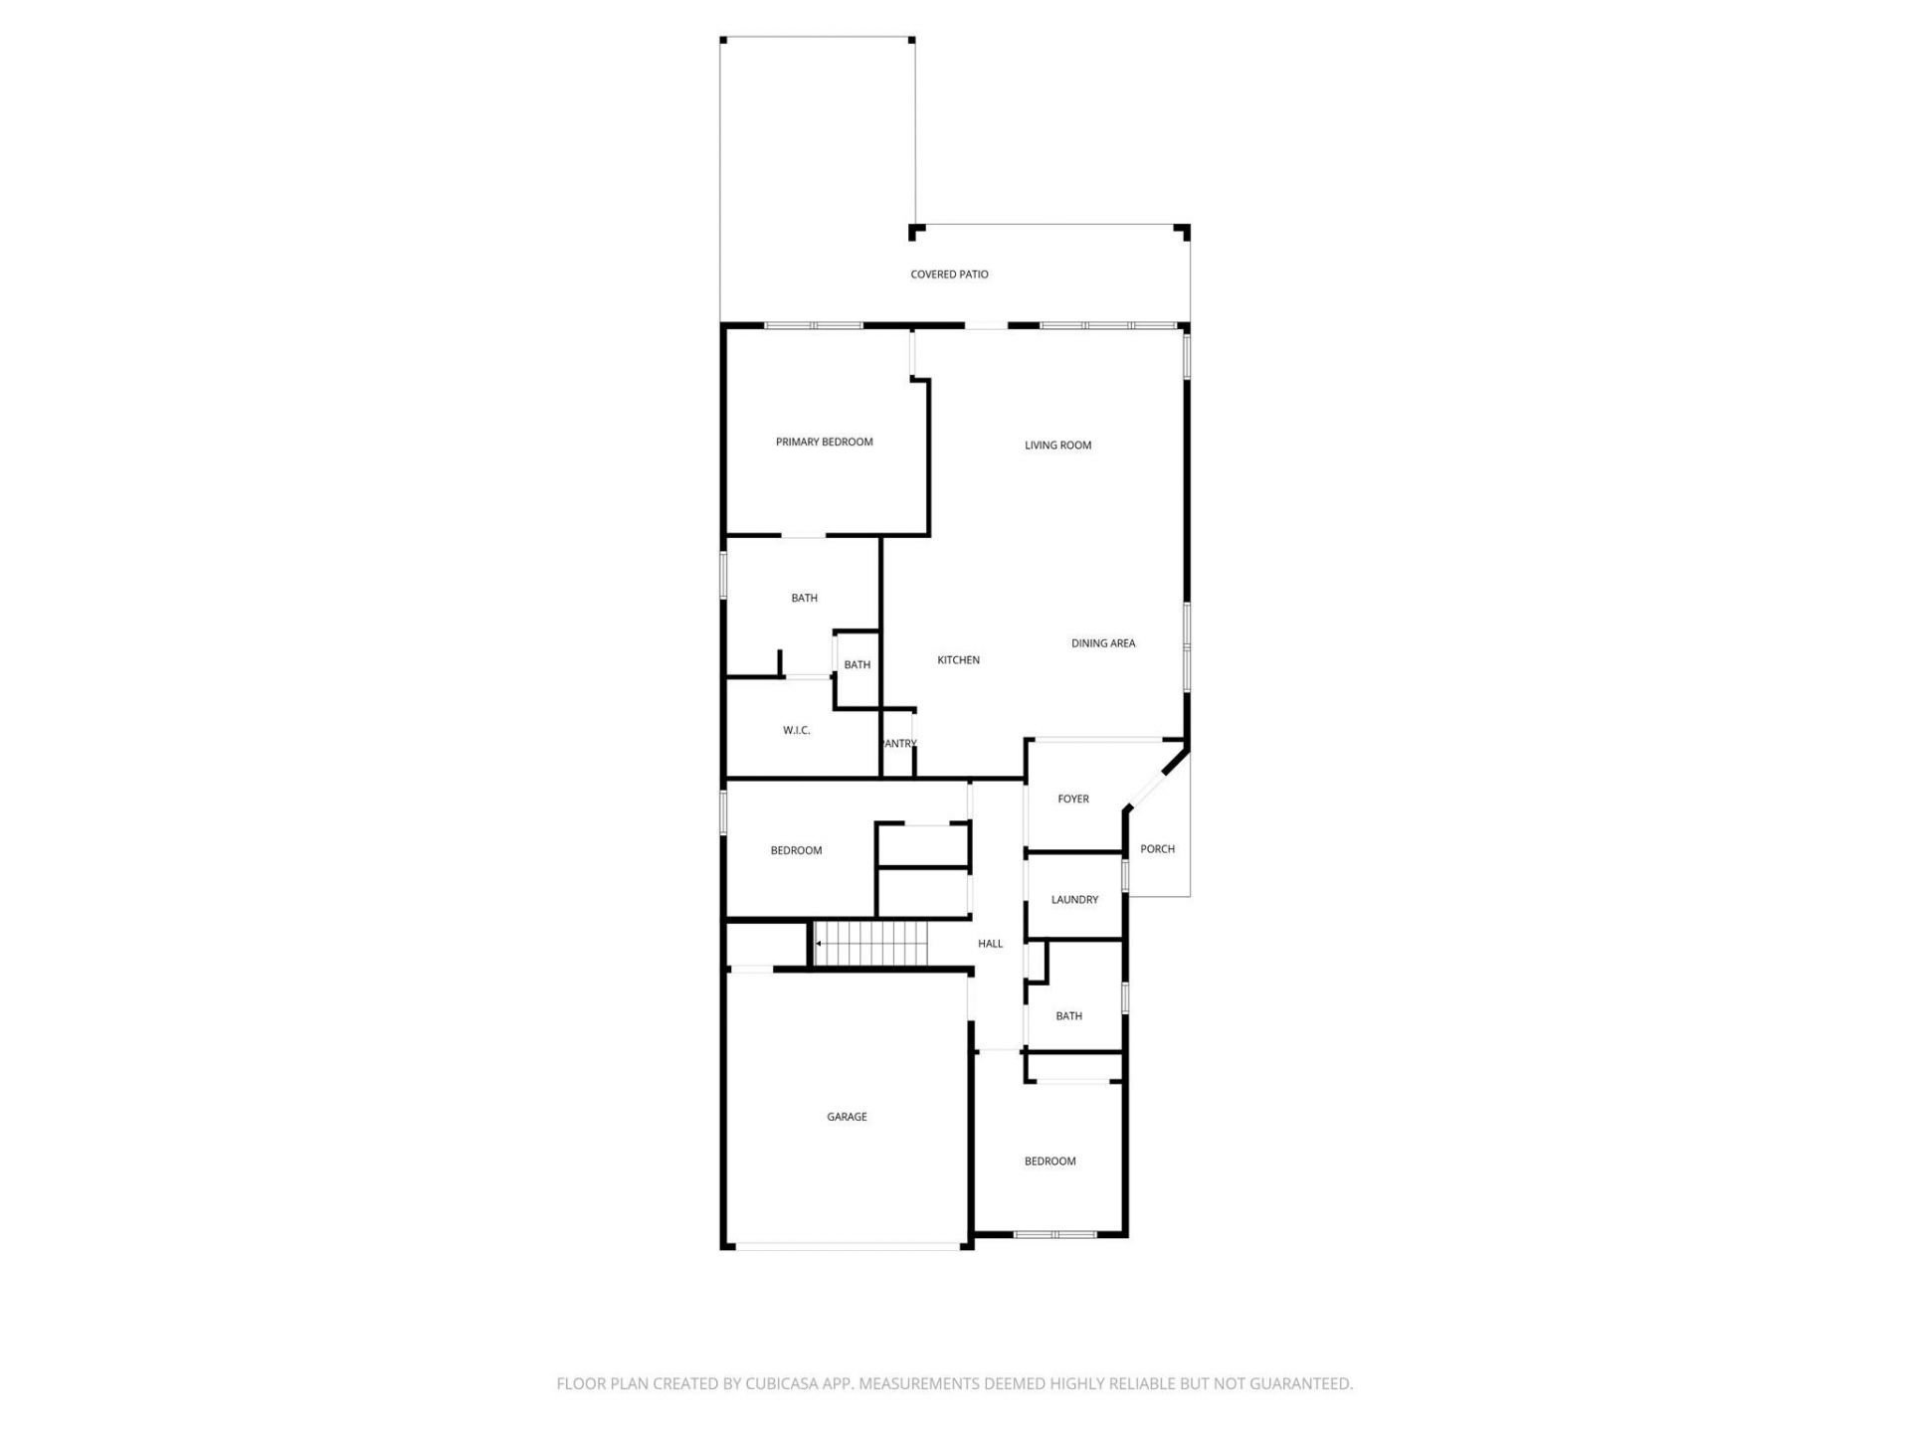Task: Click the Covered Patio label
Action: click(x=949, y=274)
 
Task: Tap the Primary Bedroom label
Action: click(x=824, y=442)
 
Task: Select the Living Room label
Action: click(x=1057, y=446)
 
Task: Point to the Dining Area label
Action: click(x=1102, y=643)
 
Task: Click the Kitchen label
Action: click(x=958, y=660)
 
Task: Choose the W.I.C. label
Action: click(x=796, y=730)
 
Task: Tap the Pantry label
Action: click(x=899, y=744)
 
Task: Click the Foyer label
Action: click(x=1072, y=799)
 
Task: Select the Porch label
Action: click(x=1157, y=849)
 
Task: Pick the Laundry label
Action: click(x=1074, y=900)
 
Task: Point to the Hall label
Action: click(x=990, y=944)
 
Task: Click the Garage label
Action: click(x=847, y=1117)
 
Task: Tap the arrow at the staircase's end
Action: click(x=818, y=943)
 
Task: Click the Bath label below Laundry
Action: click(x=1068, y=1016)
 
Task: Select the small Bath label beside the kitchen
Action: click(x=857, y=665)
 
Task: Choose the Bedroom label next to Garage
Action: click(x=1050, y=1162)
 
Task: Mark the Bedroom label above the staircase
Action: click(x=796, y=850)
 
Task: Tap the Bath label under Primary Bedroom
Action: click(x=804, y=598)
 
